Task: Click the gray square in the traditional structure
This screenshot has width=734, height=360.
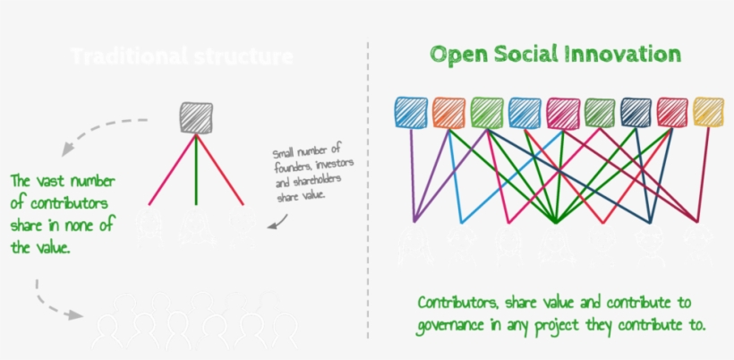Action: point(195,117)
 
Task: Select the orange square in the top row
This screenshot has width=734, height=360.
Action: point(448,112)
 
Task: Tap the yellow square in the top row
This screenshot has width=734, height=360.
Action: point(708,112)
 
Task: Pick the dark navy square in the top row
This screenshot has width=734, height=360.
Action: point(636,112)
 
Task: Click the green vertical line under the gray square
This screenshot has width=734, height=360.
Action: point(195,170)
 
